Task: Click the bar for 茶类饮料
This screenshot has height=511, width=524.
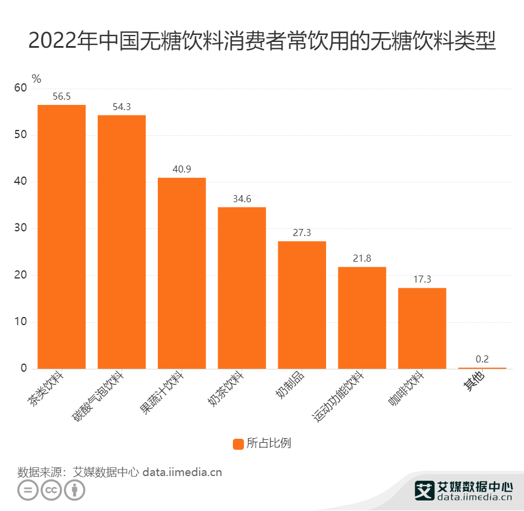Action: coord(61,237)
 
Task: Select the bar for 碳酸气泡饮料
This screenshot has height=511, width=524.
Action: coord(121,242)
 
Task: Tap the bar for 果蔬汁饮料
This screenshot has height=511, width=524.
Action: coord(182,273)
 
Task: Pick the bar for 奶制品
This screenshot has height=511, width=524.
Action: coord(302,305)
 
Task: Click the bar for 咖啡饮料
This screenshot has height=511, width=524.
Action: coord(422,328)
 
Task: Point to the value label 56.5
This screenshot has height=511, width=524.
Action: coord(61,97)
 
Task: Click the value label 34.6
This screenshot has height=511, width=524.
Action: coord(242,199)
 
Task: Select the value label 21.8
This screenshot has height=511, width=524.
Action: coord(362,259)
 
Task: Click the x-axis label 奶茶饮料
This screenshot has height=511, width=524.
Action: coord(227,390)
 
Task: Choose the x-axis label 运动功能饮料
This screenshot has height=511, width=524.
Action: coord(339,396)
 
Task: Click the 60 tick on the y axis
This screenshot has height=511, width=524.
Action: coord(20,88)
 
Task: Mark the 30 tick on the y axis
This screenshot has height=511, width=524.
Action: coord(20,228)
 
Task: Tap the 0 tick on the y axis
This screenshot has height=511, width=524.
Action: coord(24,368)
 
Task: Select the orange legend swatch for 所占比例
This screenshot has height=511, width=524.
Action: coord(238,444)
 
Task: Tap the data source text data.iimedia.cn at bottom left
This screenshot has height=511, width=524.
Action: coord(182,472)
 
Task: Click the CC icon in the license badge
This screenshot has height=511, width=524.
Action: coord(51,490)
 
